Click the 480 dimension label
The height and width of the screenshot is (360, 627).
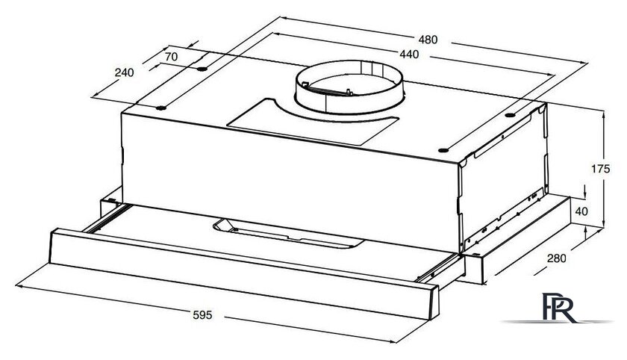(x=428, y=40)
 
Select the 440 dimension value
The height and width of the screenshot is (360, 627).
(x=409, y=54)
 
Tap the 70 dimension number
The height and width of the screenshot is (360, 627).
(x=171, y=57)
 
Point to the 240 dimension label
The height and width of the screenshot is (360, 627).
(x=125, y=72)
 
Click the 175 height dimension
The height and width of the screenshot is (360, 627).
(x=601, y=169)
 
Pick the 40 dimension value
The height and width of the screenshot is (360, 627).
(x=581, y=211)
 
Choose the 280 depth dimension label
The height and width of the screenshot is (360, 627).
(x=557, y=258)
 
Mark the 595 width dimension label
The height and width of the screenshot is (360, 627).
(x=203, y=315)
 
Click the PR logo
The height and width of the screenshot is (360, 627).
(x=558, y=307)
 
